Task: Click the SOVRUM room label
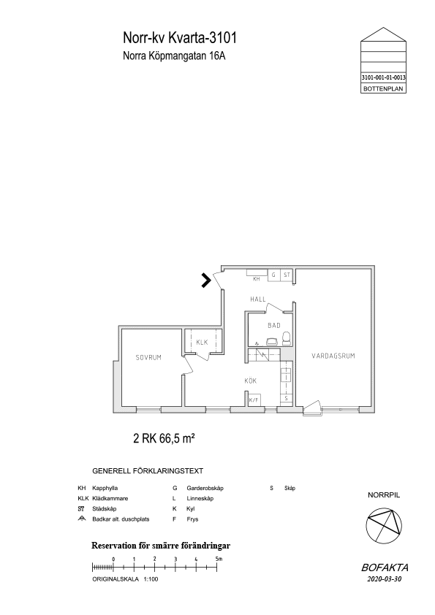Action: pos(148,357)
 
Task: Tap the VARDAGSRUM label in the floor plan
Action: pos(333,356)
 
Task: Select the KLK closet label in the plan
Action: pos(202,343)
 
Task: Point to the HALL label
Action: pos(258,299)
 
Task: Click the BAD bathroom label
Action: pos(274,325)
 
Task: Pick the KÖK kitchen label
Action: pos(251,381)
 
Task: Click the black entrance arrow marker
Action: pos(206,280)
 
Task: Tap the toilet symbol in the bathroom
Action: pos(287,338)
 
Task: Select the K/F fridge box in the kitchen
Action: pos(254,400)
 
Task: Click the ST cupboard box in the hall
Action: pos(287,275)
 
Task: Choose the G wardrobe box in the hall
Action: pos(273,275)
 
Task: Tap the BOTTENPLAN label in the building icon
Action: pos(383,88)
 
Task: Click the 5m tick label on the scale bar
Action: pos(219,559)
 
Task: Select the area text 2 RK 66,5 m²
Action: pos(164,438)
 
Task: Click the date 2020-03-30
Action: pos(385,579)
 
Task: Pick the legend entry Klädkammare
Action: pos(110,499)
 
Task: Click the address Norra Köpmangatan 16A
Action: pos(174,56)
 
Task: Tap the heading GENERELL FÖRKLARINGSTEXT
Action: pos(148,470)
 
